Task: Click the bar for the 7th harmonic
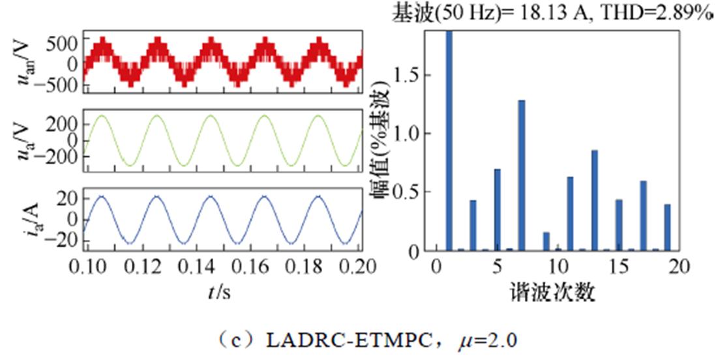click(521, 175)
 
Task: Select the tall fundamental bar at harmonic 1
click(449, 140)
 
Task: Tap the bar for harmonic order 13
click(595, 200)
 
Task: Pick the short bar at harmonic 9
click(546, 241)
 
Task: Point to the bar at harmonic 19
click(667, 227)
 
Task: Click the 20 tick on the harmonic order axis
click(678, 266)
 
